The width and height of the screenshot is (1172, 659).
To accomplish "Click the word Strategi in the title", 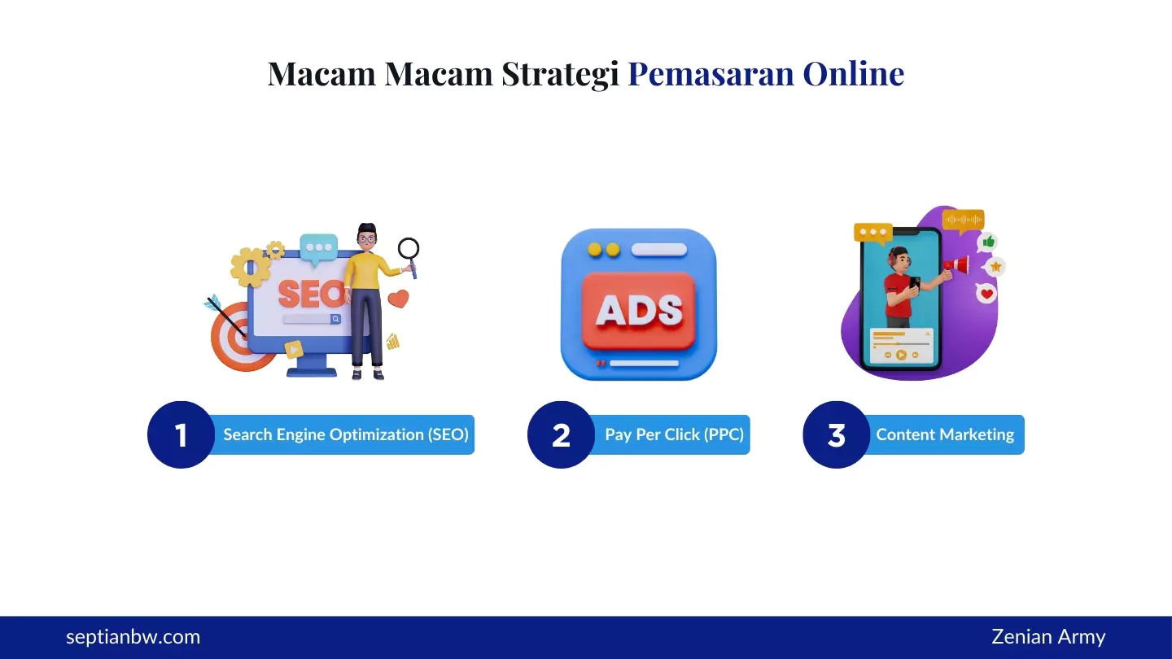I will coord(560,74).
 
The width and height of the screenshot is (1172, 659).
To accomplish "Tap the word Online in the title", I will coord(853,73).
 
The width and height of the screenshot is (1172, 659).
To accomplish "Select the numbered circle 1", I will coord(181,434).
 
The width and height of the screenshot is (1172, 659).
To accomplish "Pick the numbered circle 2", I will coord(561,434).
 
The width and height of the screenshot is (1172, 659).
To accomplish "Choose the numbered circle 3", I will coord(836,434).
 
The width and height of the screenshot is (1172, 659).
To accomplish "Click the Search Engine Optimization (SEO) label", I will coord(346,434).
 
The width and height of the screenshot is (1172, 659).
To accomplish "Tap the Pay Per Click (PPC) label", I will coord(674,434).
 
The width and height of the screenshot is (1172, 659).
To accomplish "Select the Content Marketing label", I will coord(945,434).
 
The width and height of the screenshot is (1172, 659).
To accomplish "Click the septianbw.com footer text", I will coord(133,637).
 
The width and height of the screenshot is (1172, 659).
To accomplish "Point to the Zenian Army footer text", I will coord(1048,637).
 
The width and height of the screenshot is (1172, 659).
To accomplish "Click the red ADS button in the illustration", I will coord(639,310).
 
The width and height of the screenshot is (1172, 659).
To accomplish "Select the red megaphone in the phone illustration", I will coord(958,265).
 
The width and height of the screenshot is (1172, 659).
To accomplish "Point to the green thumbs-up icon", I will coord(989,242).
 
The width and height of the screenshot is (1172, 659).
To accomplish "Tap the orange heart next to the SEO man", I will coord(398,299).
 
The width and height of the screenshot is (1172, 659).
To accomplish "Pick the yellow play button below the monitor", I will coord(294,350).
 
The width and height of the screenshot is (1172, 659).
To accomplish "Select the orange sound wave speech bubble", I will coord(964,220).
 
